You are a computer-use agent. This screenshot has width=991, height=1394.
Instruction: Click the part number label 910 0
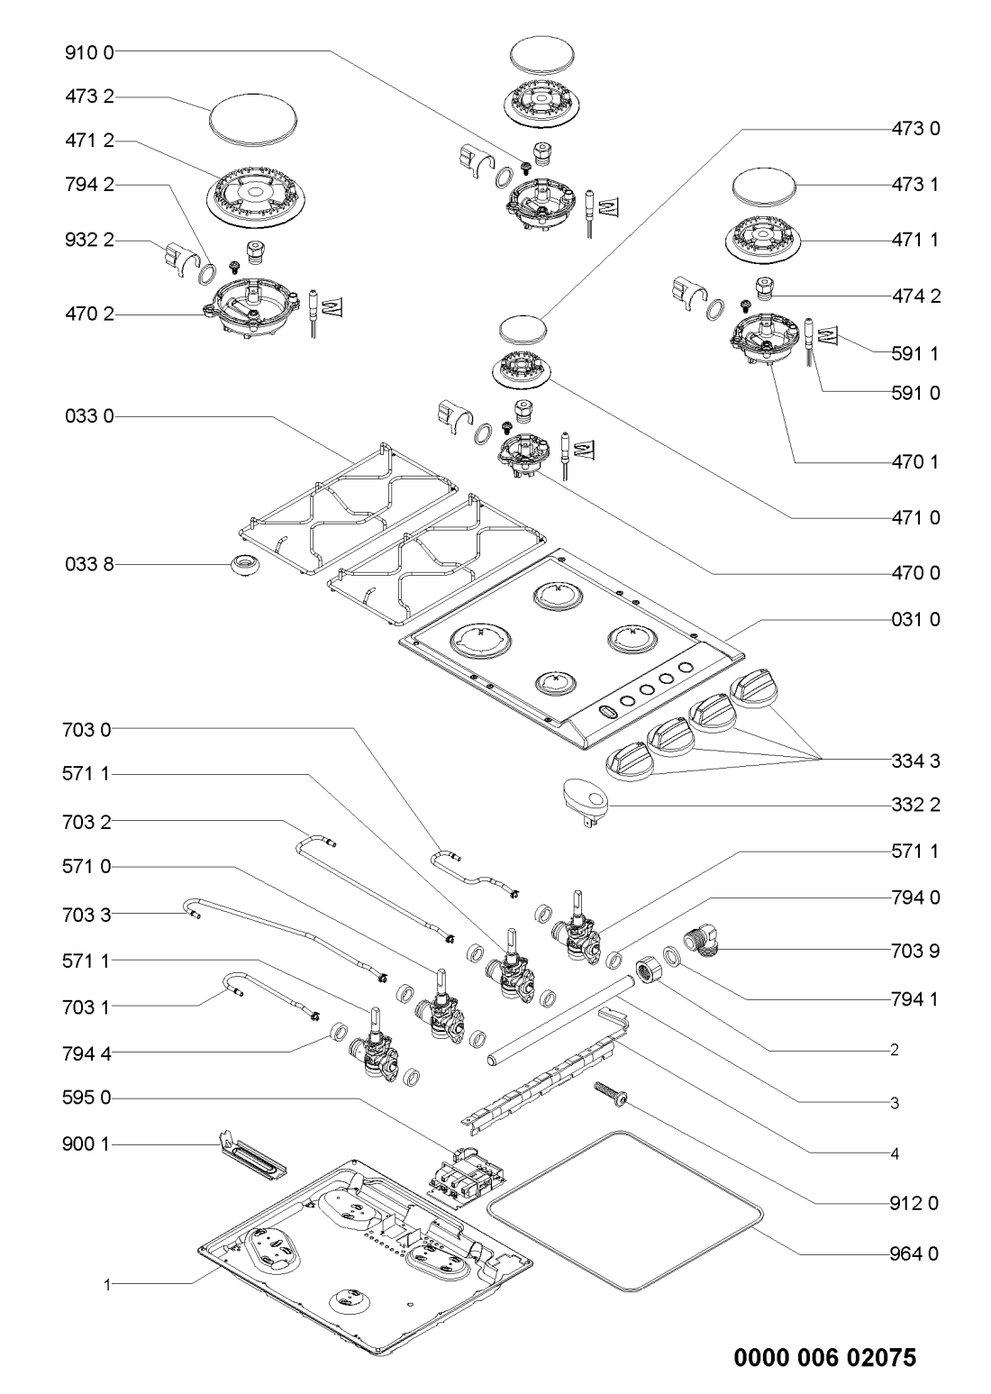tap(89, 51)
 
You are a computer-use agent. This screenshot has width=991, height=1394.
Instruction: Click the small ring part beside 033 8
tap(243, 565)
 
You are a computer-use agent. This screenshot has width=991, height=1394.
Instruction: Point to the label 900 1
tap(89, 1144)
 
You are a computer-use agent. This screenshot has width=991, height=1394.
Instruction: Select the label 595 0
tap(89, 1098)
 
